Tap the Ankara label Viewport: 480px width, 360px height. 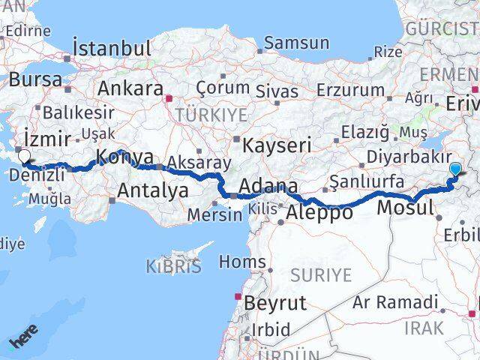point(130,88)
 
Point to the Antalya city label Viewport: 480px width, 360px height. point(152,190)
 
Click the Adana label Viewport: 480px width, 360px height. point(268,186)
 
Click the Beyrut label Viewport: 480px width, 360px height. point(275,303)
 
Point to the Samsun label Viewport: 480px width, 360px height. point(297,43)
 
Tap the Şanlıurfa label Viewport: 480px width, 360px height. point(368,181)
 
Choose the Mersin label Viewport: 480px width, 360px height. point(216,214)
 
